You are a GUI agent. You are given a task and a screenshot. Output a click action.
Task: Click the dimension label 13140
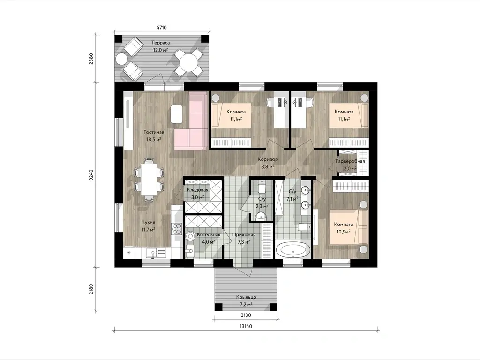pos(246,326)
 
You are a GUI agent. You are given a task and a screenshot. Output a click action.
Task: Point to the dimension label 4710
pos(161,28)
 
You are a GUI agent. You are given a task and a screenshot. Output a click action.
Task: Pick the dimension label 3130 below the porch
pos(246,315)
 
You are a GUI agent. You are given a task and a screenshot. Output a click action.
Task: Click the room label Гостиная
pos(154,132)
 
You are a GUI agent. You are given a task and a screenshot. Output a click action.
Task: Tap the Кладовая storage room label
pos(197,190)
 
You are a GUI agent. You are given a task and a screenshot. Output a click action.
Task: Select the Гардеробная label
pos(350,161)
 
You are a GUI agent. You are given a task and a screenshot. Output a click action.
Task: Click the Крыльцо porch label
pos(246,297)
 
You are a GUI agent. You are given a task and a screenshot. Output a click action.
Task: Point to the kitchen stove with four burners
pos(177,229)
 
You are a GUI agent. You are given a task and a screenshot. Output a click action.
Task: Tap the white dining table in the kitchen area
pos(149,179)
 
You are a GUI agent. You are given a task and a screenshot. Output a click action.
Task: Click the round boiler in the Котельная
pos(190,237)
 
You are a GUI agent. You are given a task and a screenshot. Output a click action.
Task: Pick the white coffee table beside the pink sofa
pos(177,114)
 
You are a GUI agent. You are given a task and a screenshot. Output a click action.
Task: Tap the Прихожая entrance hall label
pos(244,235)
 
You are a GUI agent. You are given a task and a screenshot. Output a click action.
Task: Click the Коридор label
pos(268,159)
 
